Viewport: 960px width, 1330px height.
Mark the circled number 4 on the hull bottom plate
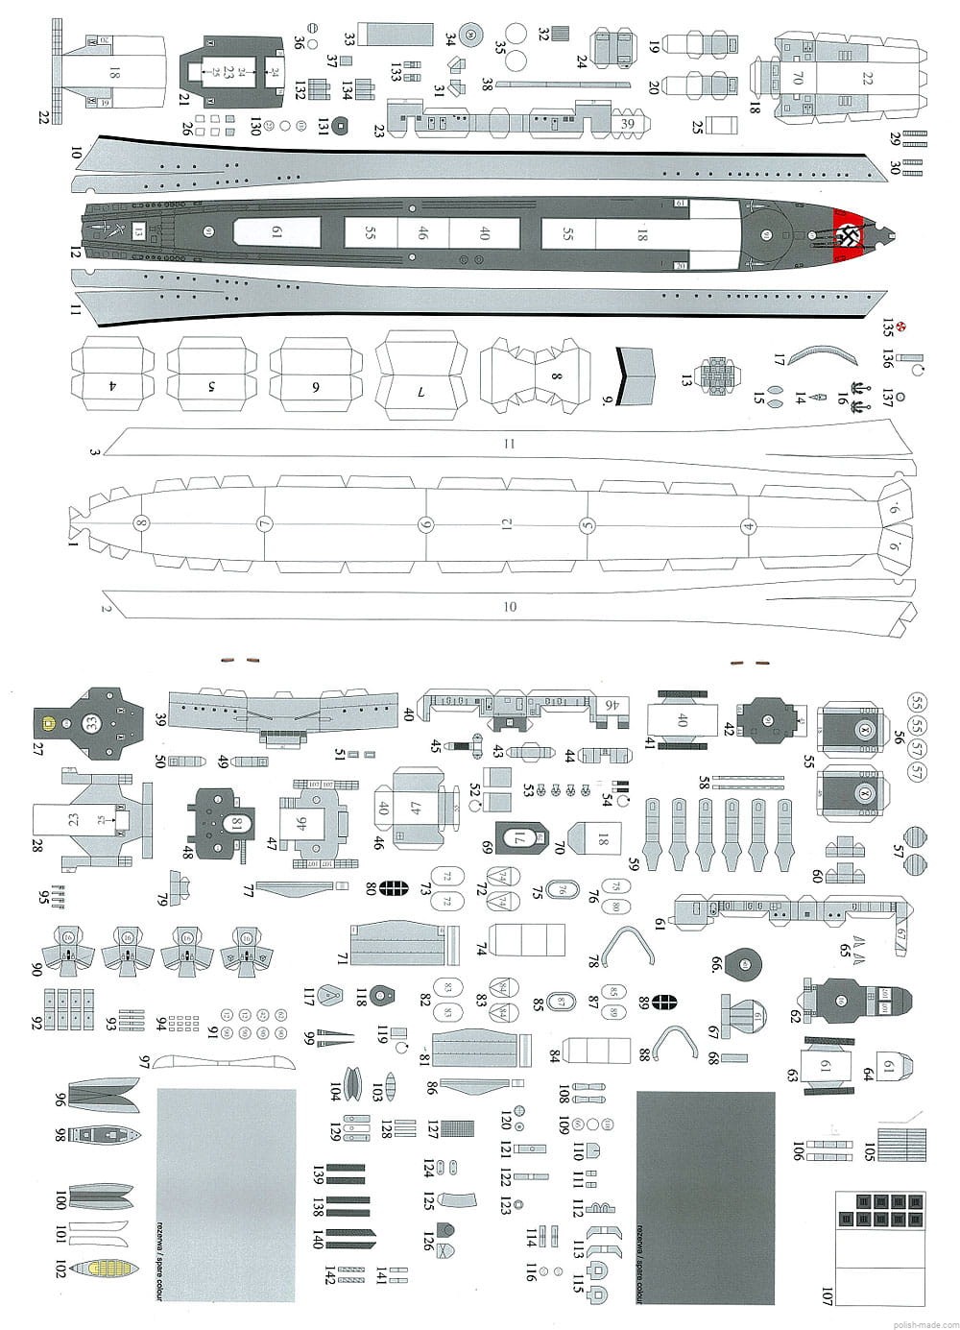click(x=747, y=525)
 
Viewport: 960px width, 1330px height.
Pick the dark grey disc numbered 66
click(x=744, y=961)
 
